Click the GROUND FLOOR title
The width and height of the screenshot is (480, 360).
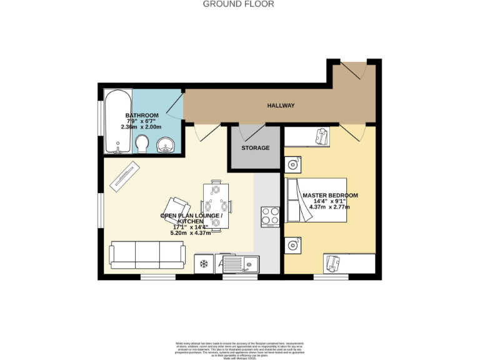pos(239,4)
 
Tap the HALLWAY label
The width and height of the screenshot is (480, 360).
pos(281,106)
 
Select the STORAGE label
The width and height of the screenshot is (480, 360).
pos(256,148)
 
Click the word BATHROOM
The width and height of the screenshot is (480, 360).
pos(142,116)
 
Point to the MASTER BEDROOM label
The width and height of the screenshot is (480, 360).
pos(330,196)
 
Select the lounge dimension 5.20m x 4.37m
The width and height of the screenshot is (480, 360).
pos(191,232)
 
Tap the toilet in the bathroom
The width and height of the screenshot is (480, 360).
pos(142,144)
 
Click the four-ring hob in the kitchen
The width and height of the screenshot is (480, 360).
pos(271,216)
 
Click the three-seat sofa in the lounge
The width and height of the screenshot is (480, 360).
pos(147,253)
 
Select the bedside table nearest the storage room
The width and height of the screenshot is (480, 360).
pos(292,165)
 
